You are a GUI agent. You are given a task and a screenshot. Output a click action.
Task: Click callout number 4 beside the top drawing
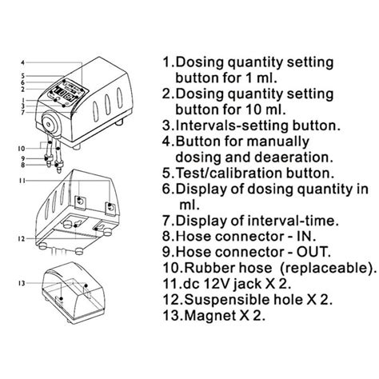(x=23, y=63)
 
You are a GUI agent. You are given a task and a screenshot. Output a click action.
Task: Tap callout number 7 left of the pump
(x=23, y=113)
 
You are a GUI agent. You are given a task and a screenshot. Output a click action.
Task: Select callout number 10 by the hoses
(x=22, y=149)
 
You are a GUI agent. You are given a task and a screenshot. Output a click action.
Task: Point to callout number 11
(x=22, y=181)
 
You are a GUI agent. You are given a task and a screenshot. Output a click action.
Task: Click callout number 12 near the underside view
(x=22, y=239)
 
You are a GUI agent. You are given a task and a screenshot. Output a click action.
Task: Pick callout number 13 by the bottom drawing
(x=22, y=283)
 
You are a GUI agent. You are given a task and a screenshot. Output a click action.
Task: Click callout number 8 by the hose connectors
(x=23, y=165)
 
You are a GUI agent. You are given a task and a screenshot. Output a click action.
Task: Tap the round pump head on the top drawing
(x=49, y=124)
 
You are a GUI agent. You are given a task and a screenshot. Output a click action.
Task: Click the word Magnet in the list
(x=210, y=316)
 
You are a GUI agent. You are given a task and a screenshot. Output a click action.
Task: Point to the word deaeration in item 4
(x=277, y=158)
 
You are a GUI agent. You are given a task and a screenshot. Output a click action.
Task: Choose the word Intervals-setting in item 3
(x=233, y=126)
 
